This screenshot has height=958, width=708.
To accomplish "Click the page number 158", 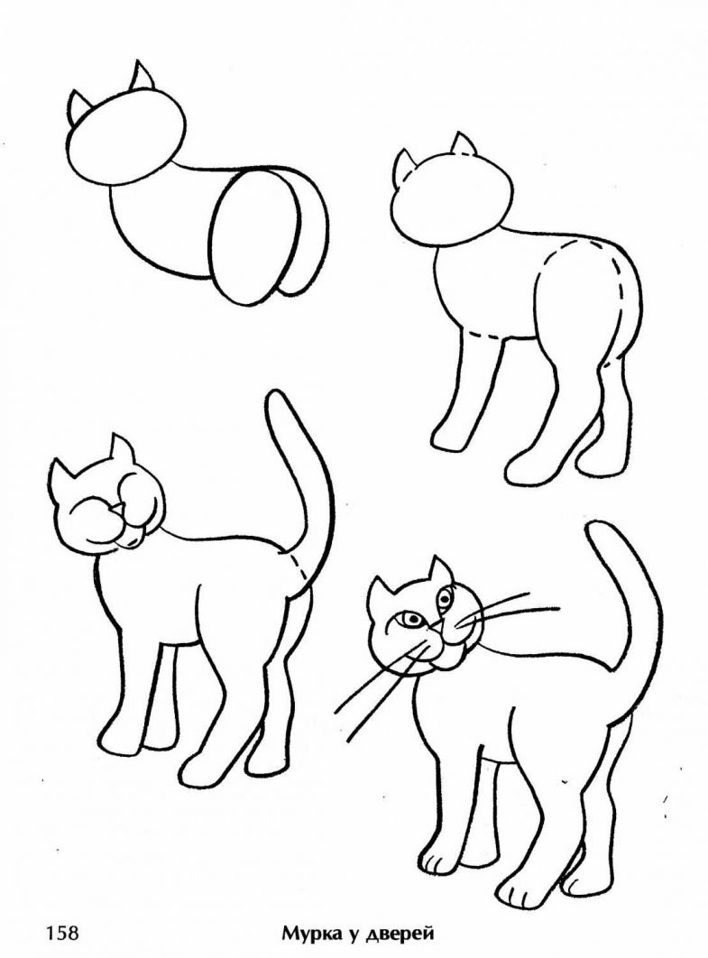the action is tap(61, 933).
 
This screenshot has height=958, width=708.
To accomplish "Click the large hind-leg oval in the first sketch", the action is tap(255, 237).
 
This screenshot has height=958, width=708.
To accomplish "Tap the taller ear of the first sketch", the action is tap(143, 77).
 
